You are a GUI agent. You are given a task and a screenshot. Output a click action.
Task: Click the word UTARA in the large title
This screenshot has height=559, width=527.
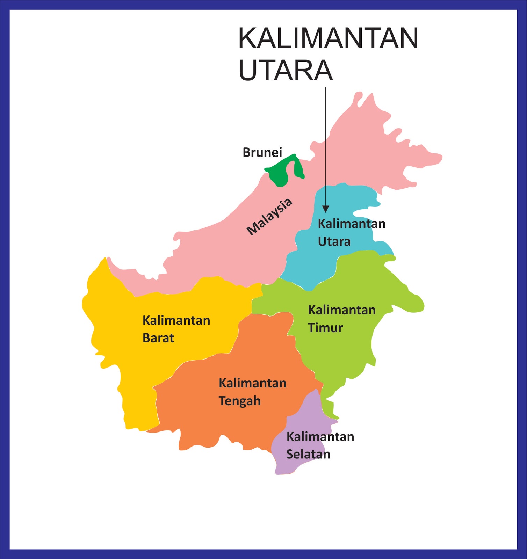pyautogui.click(x=285, y=70)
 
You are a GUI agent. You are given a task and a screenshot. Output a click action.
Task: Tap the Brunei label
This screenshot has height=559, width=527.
pyautogui.click(x=262, y=152)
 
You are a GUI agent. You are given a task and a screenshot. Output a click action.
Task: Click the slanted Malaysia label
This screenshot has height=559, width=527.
pyautogui.click(x=269, y=217)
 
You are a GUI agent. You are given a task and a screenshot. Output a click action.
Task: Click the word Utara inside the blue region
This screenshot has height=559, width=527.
pyautogui.click(x=334, y=241)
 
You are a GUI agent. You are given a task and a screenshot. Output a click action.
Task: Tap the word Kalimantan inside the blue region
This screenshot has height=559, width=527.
pyautogui.click(x=351, y=224)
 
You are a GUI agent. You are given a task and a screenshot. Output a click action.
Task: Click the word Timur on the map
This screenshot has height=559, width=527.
pyautogui.click(x=325, y=328)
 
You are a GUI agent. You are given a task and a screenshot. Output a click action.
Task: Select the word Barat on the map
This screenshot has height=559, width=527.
pyautogui.click(x=158, y=338)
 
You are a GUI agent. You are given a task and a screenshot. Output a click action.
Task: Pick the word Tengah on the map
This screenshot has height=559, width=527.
pyautogui.click(x=239, y=401)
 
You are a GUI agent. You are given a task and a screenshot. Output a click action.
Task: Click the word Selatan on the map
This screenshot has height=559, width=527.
pyautogui.click(x=308, y=454)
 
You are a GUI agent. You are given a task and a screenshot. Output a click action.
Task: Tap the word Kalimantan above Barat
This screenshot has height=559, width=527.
pyautogui.click(x=176, y=320)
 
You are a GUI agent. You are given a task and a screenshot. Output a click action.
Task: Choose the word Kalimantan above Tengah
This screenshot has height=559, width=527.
pyautogui.click(x=252, y=383)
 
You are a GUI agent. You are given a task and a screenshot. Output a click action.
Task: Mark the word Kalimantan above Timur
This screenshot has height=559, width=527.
pyautogui.click(x=341, y=310)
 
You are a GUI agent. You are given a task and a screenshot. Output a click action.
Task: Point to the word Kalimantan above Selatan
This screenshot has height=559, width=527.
pyautogui.click(x=320, y=437)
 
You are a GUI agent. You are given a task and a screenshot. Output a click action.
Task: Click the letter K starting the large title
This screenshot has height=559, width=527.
pyautogui.click(x=246, y=38)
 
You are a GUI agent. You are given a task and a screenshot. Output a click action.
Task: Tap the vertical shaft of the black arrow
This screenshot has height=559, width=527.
pyautogui.click(x=326, y=147)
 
